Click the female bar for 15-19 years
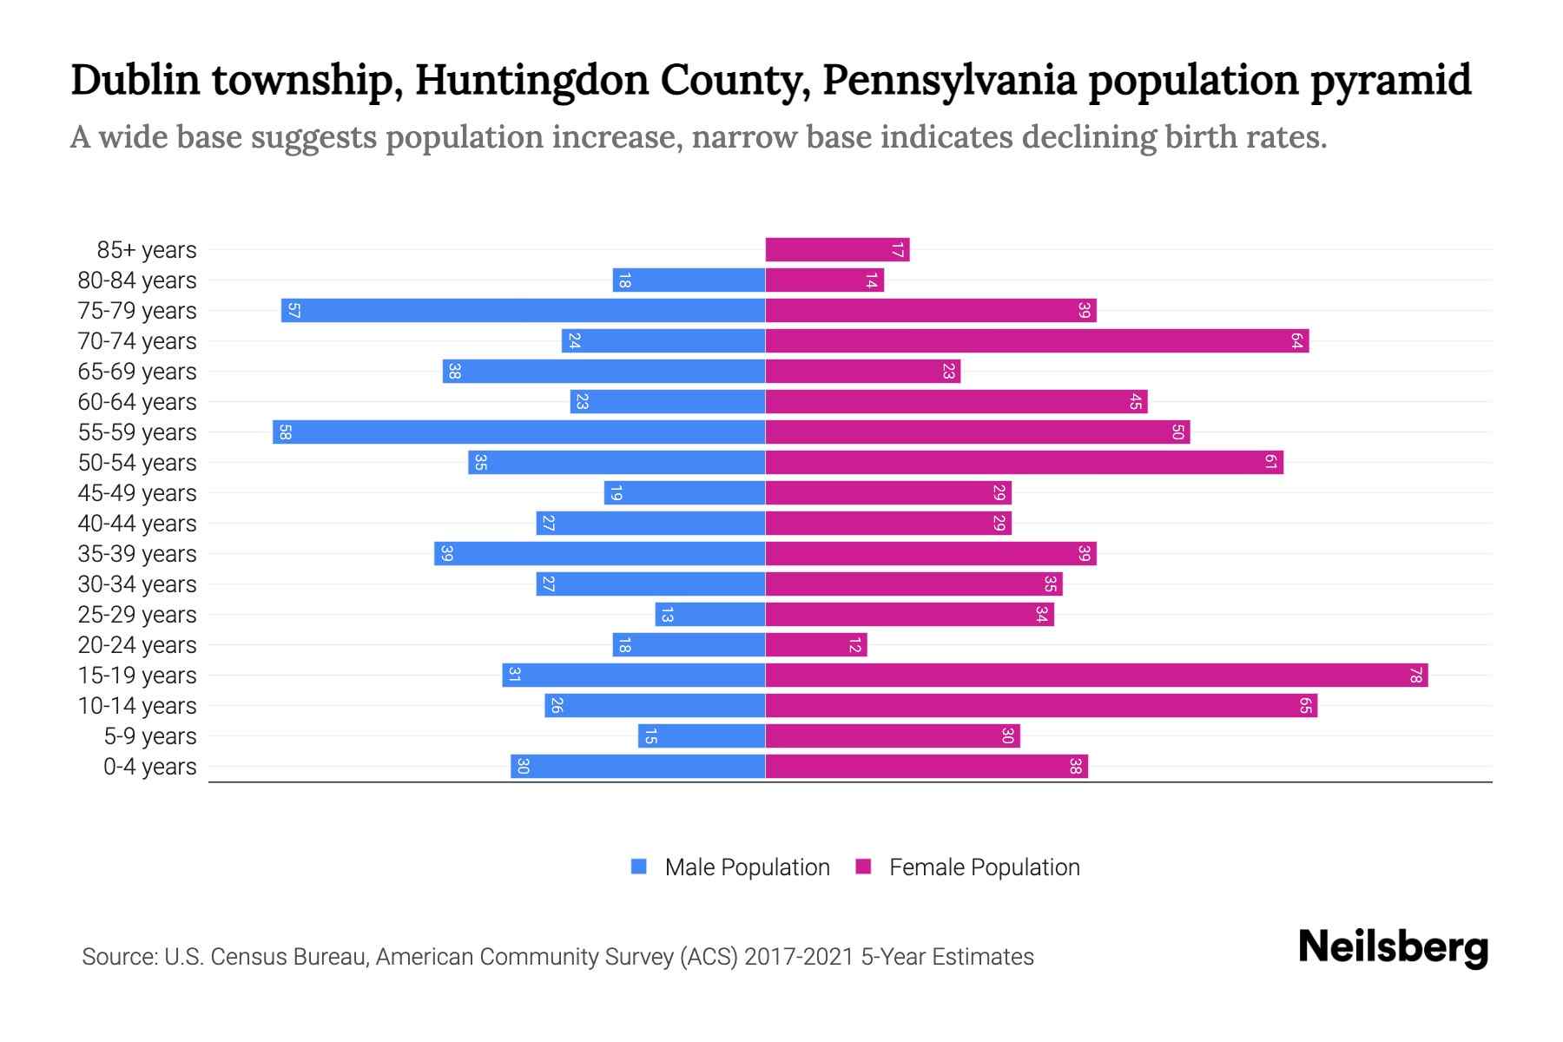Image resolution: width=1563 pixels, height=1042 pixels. (1096, 675)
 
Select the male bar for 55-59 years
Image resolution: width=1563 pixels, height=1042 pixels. (518, 432)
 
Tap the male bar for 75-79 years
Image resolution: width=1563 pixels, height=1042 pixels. (523, 310)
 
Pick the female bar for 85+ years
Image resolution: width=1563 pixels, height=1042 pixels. (837, 249)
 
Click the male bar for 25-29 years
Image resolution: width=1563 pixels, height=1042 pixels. (710, 614)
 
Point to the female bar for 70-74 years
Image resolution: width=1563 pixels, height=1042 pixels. (1037, 340)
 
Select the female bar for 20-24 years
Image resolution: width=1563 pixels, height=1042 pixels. (816, 644)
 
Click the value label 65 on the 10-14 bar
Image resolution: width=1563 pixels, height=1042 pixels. (1305, 705)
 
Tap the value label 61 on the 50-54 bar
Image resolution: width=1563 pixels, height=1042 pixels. (1270, 462)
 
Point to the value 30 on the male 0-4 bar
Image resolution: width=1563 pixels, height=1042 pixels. (523, 766)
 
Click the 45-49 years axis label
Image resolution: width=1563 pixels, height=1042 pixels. (137, 492)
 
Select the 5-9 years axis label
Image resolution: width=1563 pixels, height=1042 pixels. (150, 735)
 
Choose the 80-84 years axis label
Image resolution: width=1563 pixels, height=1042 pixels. (137, 280)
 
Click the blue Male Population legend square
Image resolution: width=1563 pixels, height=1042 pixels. (639, 867)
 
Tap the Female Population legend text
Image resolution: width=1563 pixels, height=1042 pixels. (984, 867)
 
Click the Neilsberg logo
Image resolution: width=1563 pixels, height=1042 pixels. (1393, 947)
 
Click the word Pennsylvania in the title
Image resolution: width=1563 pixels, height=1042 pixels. (948, 80)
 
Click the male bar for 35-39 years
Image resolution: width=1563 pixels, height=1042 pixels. (599, 553)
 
